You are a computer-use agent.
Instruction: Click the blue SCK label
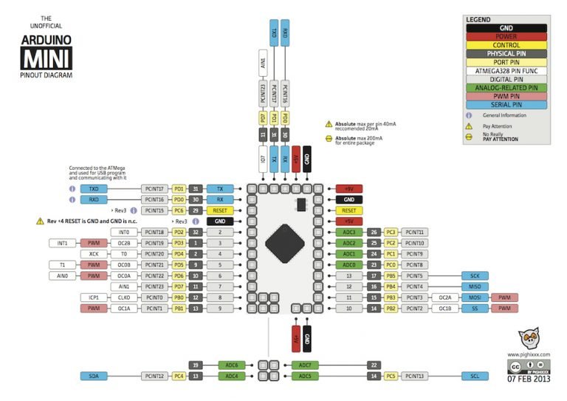pyautogui.click(x=474, y=275)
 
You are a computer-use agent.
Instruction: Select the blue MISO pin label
pyautogui.click(x=474, y=287)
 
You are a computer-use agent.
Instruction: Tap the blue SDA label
pyautogui.click(x=93, y=376)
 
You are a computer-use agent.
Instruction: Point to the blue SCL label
pyautogui.click(x=474, y=376)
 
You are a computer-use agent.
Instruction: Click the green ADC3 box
pyautogui.click(x=349, y=232)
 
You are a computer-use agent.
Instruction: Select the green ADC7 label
pyautogui.click(x=305, y=365)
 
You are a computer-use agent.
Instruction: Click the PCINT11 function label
pyautogui.click(x=415, y=232)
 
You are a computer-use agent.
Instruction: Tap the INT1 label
pyautogui.click(x=63, y=242)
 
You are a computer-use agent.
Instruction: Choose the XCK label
pyautogui.click(x=94, y=253)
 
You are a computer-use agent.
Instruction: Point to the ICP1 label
pyautogui.click(x=94, y=298)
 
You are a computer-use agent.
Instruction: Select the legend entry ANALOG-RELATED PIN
pyautogui.click(x=506, y=87)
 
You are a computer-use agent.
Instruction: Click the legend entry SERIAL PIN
pyautogui.click(x=506, y=105)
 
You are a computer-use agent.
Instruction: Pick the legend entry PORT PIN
pyautogui.click(x=506, y=62)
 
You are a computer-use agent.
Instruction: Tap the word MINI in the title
pyautogui.click(x=46, y=59)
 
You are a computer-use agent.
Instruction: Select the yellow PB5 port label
pyautogui.click(x=392, y=275)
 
